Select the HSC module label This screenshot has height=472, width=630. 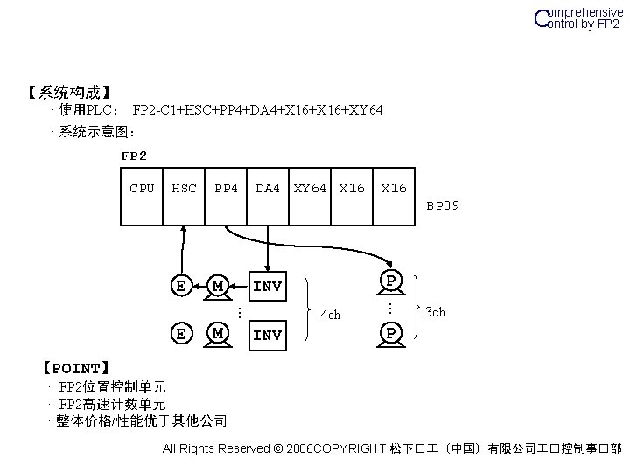184,188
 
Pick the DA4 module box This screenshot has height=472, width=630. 267,188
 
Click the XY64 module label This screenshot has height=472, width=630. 310,188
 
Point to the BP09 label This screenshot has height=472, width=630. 443,206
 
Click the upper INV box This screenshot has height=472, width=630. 267,286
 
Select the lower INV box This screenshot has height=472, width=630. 267,335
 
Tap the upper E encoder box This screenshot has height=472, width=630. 180,285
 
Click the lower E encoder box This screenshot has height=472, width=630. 180,333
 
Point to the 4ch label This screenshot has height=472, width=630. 331,315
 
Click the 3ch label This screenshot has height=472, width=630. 435,311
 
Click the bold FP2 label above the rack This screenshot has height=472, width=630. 134,156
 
